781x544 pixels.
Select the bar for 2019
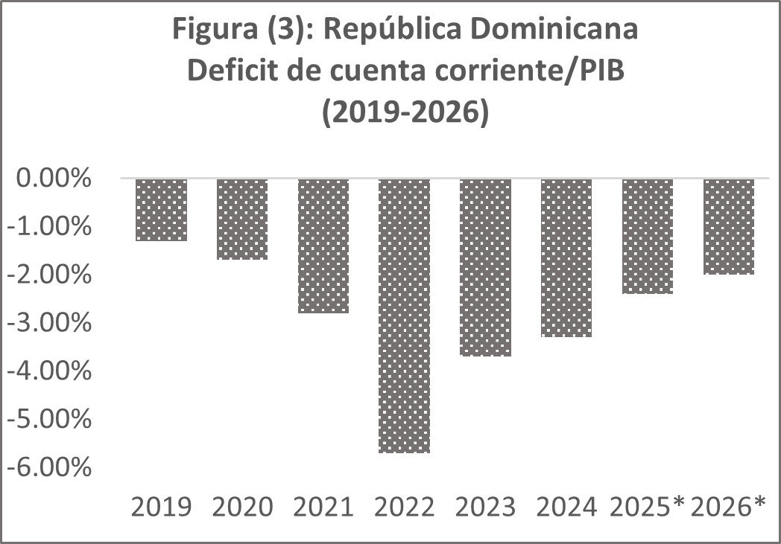[x=161, y=210]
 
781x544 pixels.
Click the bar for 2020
[x=242, y=220]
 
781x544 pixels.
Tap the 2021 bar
[x=323, y=246]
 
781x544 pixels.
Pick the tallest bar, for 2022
[x=405, y=316]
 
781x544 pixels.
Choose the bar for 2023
[x=486, y=268]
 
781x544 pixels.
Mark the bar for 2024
[x=566, y=258]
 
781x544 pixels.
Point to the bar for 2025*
[x=648, y=237]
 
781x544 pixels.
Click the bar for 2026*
[x=729, y=227]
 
